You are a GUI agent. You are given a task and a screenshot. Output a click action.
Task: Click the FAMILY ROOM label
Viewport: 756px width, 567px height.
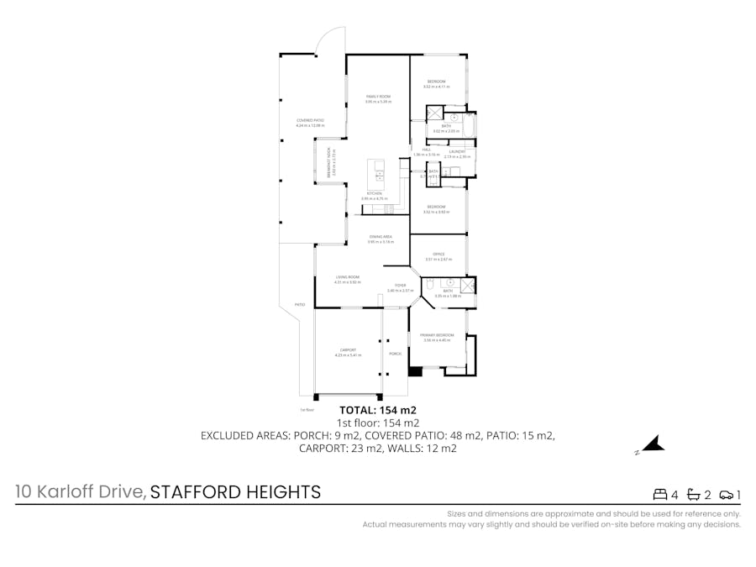point(378,97)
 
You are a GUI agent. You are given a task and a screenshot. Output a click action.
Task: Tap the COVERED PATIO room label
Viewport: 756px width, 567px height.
point(310,120)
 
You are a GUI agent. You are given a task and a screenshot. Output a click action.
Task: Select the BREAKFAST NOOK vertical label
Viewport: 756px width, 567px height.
point(329,161)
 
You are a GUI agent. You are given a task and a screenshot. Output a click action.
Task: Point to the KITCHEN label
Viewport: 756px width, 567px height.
point(375,194)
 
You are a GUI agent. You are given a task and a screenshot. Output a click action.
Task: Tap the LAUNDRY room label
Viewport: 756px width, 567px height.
point(457,152)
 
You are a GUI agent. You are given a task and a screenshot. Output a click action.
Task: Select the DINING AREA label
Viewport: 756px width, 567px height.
point(381,237)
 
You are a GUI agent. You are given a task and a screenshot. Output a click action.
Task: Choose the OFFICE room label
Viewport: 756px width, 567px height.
point(438,254)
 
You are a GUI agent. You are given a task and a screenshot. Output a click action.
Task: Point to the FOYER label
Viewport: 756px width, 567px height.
point(400,286)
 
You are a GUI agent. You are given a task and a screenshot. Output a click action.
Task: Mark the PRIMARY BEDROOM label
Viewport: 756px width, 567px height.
point(438,335)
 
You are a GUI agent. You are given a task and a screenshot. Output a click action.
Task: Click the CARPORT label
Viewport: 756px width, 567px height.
point(348,349)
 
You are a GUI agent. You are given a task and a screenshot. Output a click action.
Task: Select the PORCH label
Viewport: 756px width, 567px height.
point(395,354)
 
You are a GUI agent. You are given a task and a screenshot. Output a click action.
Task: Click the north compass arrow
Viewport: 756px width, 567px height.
point(654,444)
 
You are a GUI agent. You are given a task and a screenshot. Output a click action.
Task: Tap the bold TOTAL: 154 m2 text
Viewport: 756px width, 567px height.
point(377,410)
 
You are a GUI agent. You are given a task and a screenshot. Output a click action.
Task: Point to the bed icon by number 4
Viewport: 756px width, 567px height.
point(660,494)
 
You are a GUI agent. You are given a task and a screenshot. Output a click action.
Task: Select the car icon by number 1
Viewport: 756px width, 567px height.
point(727,494)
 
